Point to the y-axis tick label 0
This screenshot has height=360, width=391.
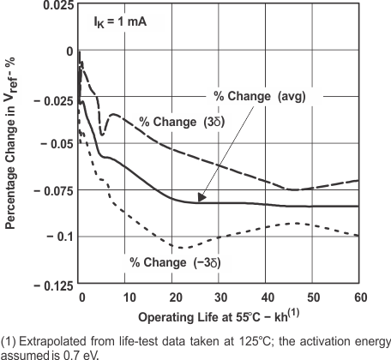click(69, 51)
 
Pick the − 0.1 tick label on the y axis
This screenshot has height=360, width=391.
click(57, 236)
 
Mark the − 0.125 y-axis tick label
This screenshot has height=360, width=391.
click(51, 283)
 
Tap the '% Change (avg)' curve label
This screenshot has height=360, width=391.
click(258, 95)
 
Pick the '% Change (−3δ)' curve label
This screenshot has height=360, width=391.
click(175, 261)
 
